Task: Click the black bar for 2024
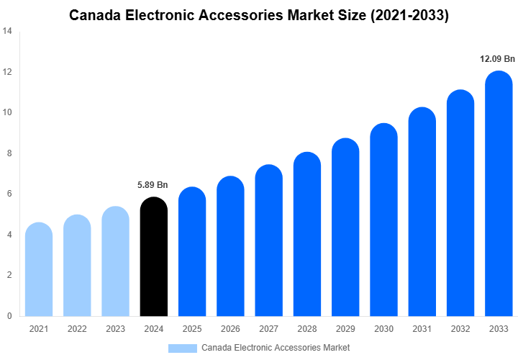coord(153,257)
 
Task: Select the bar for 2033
coord(499,194)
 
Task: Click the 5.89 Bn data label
coord(153,185)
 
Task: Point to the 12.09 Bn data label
coord(498,59)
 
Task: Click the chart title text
coord(259,15)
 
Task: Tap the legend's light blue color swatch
coord(182,348)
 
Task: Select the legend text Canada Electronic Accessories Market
coord(276,348)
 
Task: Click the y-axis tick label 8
coord(9,153)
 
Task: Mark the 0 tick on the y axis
coord(9,315)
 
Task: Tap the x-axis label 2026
coord(230,329)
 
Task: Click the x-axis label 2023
coord(115,329)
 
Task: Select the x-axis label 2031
coord(422,329)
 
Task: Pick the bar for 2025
coord(192,251)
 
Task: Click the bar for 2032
coord(460,203)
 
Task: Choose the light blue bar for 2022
coord(77,265)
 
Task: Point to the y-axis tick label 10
coord(7,113)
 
